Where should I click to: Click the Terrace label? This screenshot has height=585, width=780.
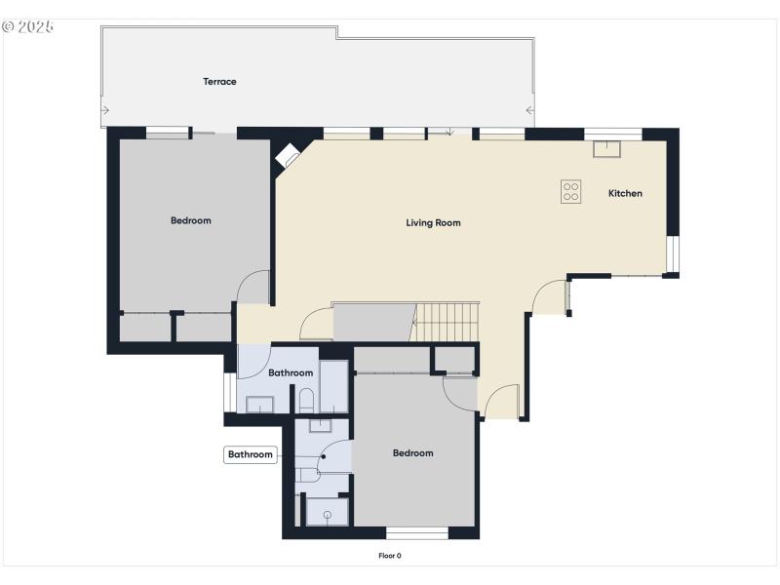[219, 82]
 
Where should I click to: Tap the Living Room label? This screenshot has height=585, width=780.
[433, 223]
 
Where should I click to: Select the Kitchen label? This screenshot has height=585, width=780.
[625, 193]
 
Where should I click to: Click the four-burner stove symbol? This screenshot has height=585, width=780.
[571, 192]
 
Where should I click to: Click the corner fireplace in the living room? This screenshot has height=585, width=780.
[290, 155]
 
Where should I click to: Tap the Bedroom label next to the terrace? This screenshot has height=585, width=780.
[190, 220]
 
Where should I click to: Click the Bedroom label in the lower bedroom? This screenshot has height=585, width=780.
[412, 453]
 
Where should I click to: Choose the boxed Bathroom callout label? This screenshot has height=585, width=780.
[251, 454]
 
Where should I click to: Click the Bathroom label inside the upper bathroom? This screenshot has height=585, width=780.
[291, 373]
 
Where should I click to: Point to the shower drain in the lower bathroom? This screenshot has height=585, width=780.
[328, 514]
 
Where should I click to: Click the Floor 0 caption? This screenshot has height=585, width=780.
[390, 556]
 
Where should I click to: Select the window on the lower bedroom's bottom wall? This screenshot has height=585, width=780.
[417, 532]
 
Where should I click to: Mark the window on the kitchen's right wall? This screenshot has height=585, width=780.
[673, 253]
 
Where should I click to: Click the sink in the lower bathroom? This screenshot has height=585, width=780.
[321, 425]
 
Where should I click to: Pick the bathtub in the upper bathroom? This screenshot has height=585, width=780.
[333, 386]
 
